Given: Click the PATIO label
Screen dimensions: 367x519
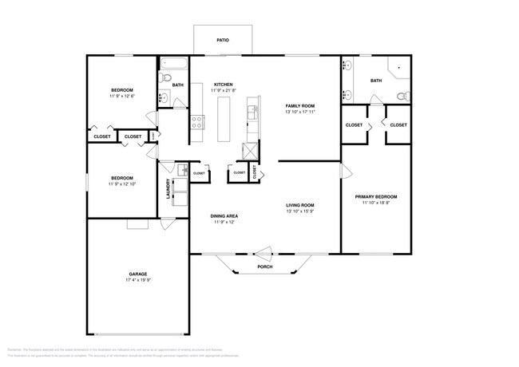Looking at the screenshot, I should coord(223,39).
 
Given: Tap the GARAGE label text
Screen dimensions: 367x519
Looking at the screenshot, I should coord(137,273).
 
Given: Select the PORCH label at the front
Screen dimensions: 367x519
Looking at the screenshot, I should coord(264,266).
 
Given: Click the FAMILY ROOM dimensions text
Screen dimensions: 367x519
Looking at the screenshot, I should coord(300,112).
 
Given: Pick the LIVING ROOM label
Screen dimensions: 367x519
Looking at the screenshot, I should coord(300,205).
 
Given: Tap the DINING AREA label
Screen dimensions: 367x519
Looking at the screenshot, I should coord(225,215).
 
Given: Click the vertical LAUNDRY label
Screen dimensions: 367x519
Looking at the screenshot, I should coord(168,187).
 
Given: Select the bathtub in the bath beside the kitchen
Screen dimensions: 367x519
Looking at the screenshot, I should coord(174,64).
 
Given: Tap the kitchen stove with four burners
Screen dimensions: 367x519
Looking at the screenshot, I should coord(196,122).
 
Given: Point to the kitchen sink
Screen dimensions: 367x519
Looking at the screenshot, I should coord(253,112).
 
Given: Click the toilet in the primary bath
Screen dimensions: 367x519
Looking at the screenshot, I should coord(403,97).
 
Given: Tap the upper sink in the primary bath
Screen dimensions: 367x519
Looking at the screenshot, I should coord(347,66).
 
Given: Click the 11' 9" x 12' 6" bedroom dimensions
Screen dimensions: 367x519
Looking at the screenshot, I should coord(122,97).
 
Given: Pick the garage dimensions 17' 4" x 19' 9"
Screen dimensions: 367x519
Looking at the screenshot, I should coord(137,280).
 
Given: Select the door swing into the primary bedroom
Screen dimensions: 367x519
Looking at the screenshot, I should coord(346,171).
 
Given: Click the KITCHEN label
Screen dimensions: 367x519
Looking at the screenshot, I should coord(223,84).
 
